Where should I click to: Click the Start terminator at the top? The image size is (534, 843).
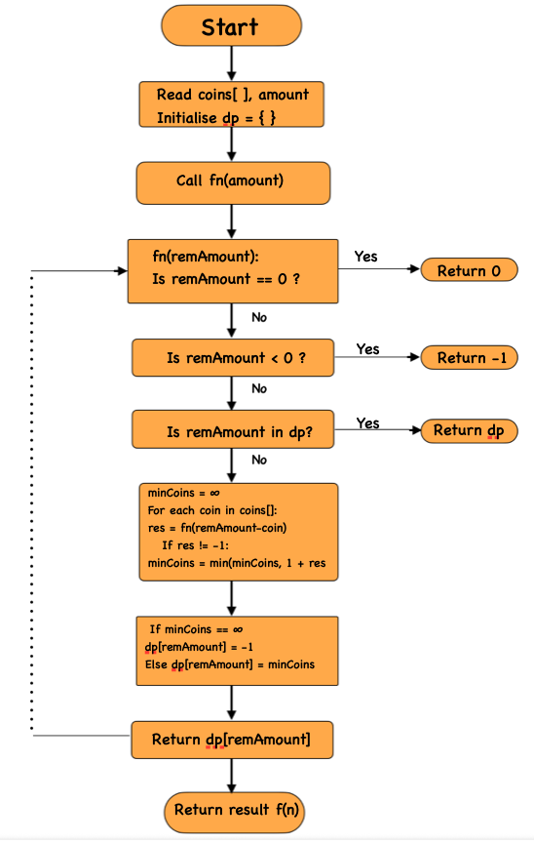pos(231,27)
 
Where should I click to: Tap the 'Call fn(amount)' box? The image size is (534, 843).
pos(232,182)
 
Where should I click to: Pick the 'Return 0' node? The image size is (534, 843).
pos(469,270)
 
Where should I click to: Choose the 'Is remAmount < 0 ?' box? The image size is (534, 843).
pos(233,358)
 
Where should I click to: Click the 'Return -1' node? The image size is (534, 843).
pos(469,358)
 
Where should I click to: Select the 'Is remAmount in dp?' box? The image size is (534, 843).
pos(233,430)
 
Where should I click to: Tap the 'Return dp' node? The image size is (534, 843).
pos(469,430)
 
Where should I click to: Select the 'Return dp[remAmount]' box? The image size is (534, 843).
pos(232,740)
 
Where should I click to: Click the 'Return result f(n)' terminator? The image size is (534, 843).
pos(232,809)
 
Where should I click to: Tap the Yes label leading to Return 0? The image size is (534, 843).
pos(366,257)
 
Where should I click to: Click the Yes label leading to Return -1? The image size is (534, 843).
pos(367,349)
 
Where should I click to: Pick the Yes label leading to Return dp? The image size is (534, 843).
pos(367,422)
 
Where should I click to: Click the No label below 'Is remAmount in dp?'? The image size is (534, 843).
pos(259,460)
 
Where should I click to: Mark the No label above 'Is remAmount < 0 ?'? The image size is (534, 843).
pos(259,318)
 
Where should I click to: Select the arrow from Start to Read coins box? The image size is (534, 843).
pos(232,63)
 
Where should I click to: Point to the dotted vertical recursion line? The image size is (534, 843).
pos(34,502)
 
